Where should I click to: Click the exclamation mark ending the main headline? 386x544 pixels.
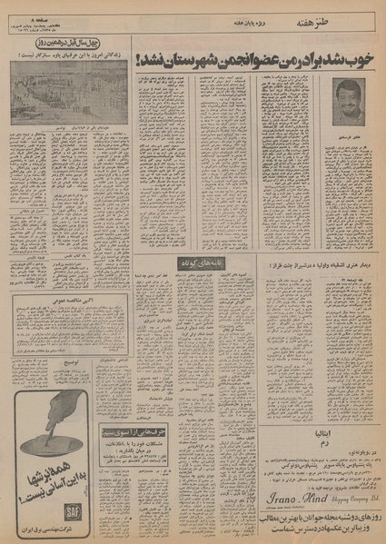click(137, 58)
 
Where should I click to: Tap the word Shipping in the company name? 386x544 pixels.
click(333, 496)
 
